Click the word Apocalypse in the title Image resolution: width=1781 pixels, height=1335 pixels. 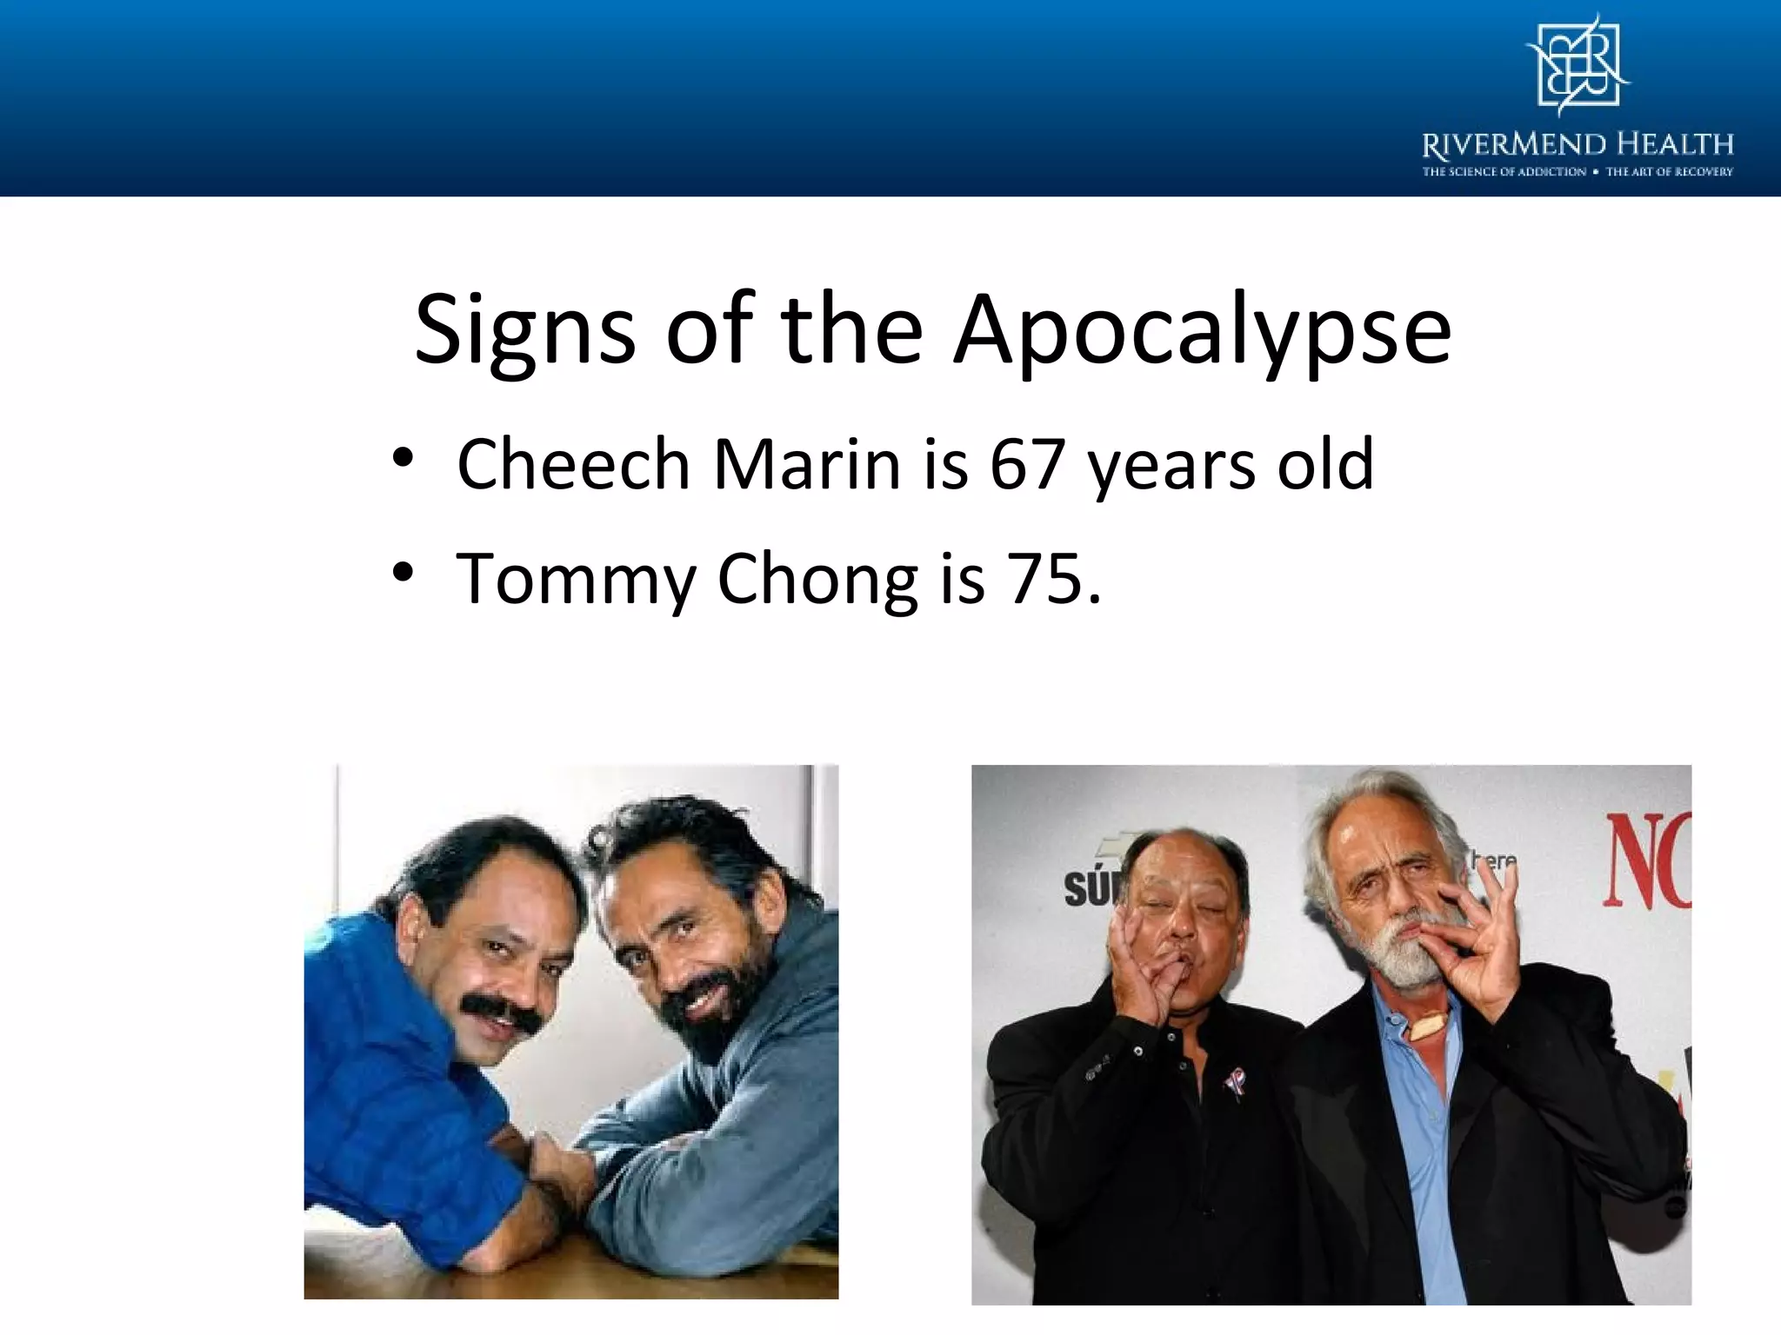1202,330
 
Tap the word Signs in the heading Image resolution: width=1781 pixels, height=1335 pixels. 525,330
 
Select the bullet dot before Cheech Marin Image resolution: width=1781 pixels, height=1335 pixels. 401,458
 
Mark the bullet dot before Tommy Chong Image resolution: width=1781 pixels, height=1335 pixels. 401,572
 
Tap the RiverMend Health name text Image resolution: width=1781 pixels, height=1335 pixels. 1578,143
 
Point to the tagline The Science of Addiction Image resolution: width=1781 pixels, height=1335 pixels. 1504,172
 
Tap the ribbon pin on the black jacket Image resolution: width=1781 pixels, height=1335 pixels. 1233,1083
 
